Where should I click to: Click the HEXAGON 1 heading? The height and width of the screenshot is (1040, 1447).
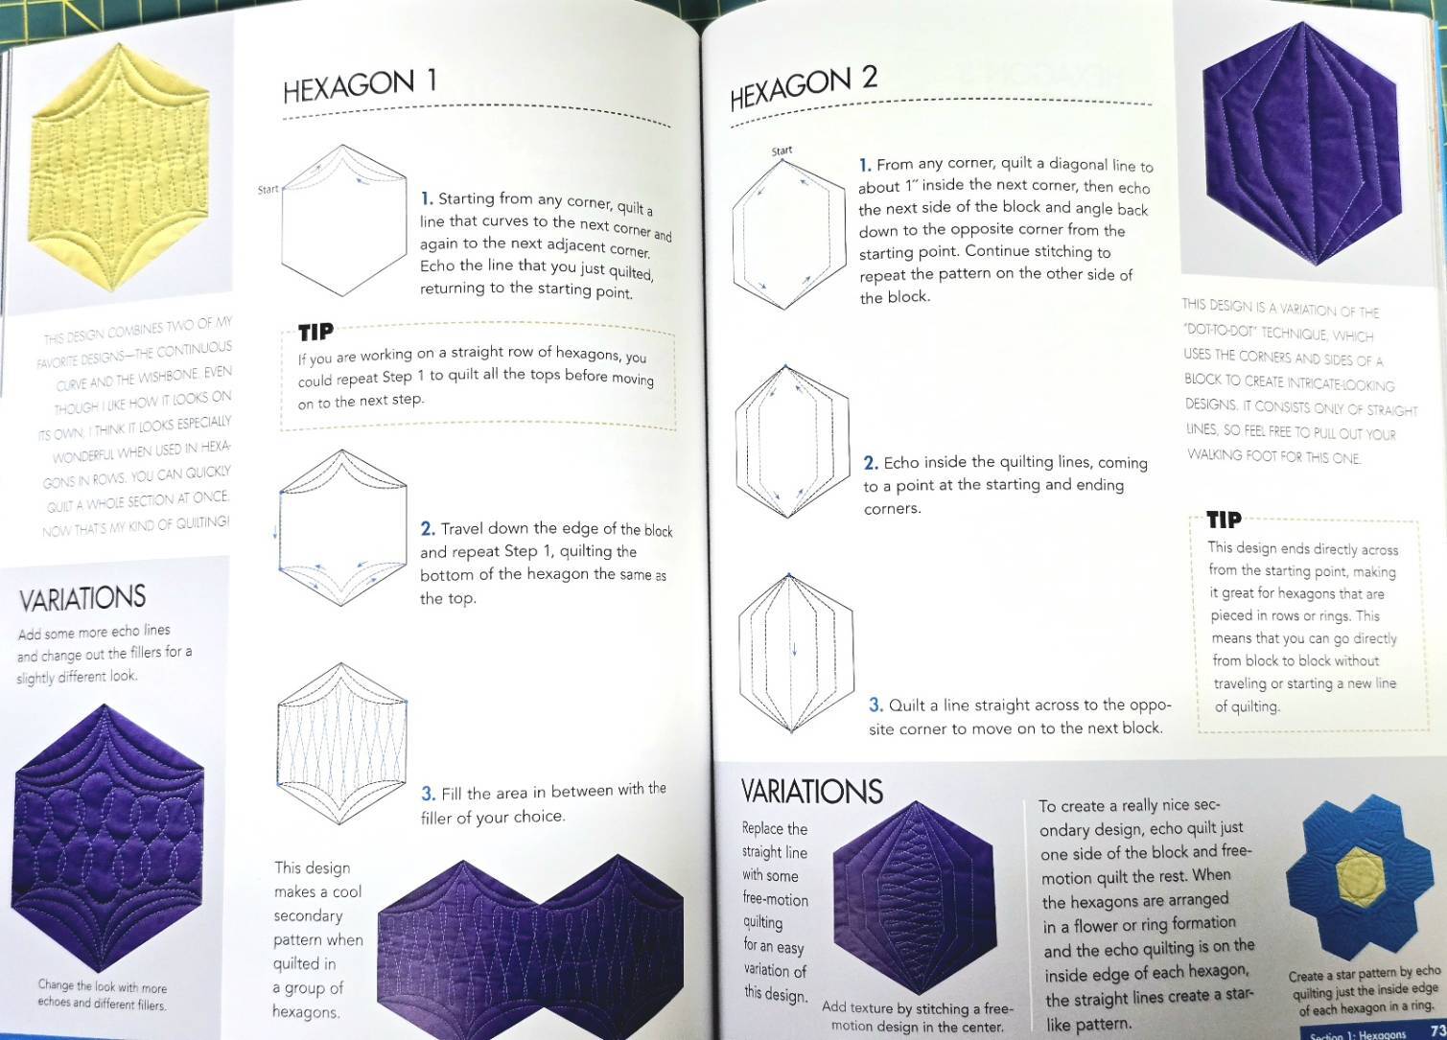tap(360, 85)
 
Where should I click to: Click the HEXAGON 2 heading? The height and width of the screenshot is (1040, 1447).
tap(804, 88)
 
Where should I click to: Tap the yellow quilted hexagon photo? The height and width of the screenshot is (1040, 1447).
tap(120, 168)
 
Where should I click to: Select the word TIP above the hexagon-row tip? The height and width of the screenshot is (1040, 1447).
tap(315, 332)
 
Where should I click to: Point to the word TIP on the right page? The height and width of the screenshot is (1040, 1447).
tap(1224, 520)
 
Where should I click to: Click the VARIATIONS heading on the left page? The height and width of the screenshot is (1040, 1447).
tap(82, 598)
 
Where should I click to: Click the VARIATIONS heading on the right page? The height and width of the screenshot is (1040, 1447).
tap(811, 792)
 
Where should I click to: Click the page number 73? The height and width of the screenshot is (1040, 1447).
tap(1438, 1029)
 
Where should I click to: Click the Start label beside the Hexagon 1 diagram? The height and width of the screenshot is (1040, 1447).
tap(268, 190)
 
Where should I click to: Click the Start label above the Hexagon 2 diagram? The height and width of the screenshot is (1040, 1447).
tap(782, 151)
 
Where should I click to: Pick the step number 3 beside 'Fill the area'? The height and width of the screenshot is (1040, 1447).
tap(428, 794)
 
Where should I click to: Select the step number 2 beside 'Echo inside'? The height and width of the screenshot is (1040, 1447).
tap(870, 463)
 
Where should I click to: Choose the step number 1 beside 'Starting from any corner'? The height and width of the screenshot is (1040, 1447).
tap(426, 198)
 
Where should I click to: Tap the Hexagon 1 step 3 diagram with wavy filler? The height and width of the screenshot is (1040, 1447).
tap(341, 744)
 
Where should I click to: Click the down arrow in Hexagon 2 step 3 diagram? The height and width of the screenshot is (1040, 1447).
tap(794, 649)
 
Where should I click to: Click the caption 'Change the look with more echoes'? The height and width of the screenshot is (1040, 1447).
tap(102, 995)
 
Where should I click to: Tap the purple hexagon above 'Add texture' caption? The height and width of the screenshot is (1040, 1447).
tap(915, 898)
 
